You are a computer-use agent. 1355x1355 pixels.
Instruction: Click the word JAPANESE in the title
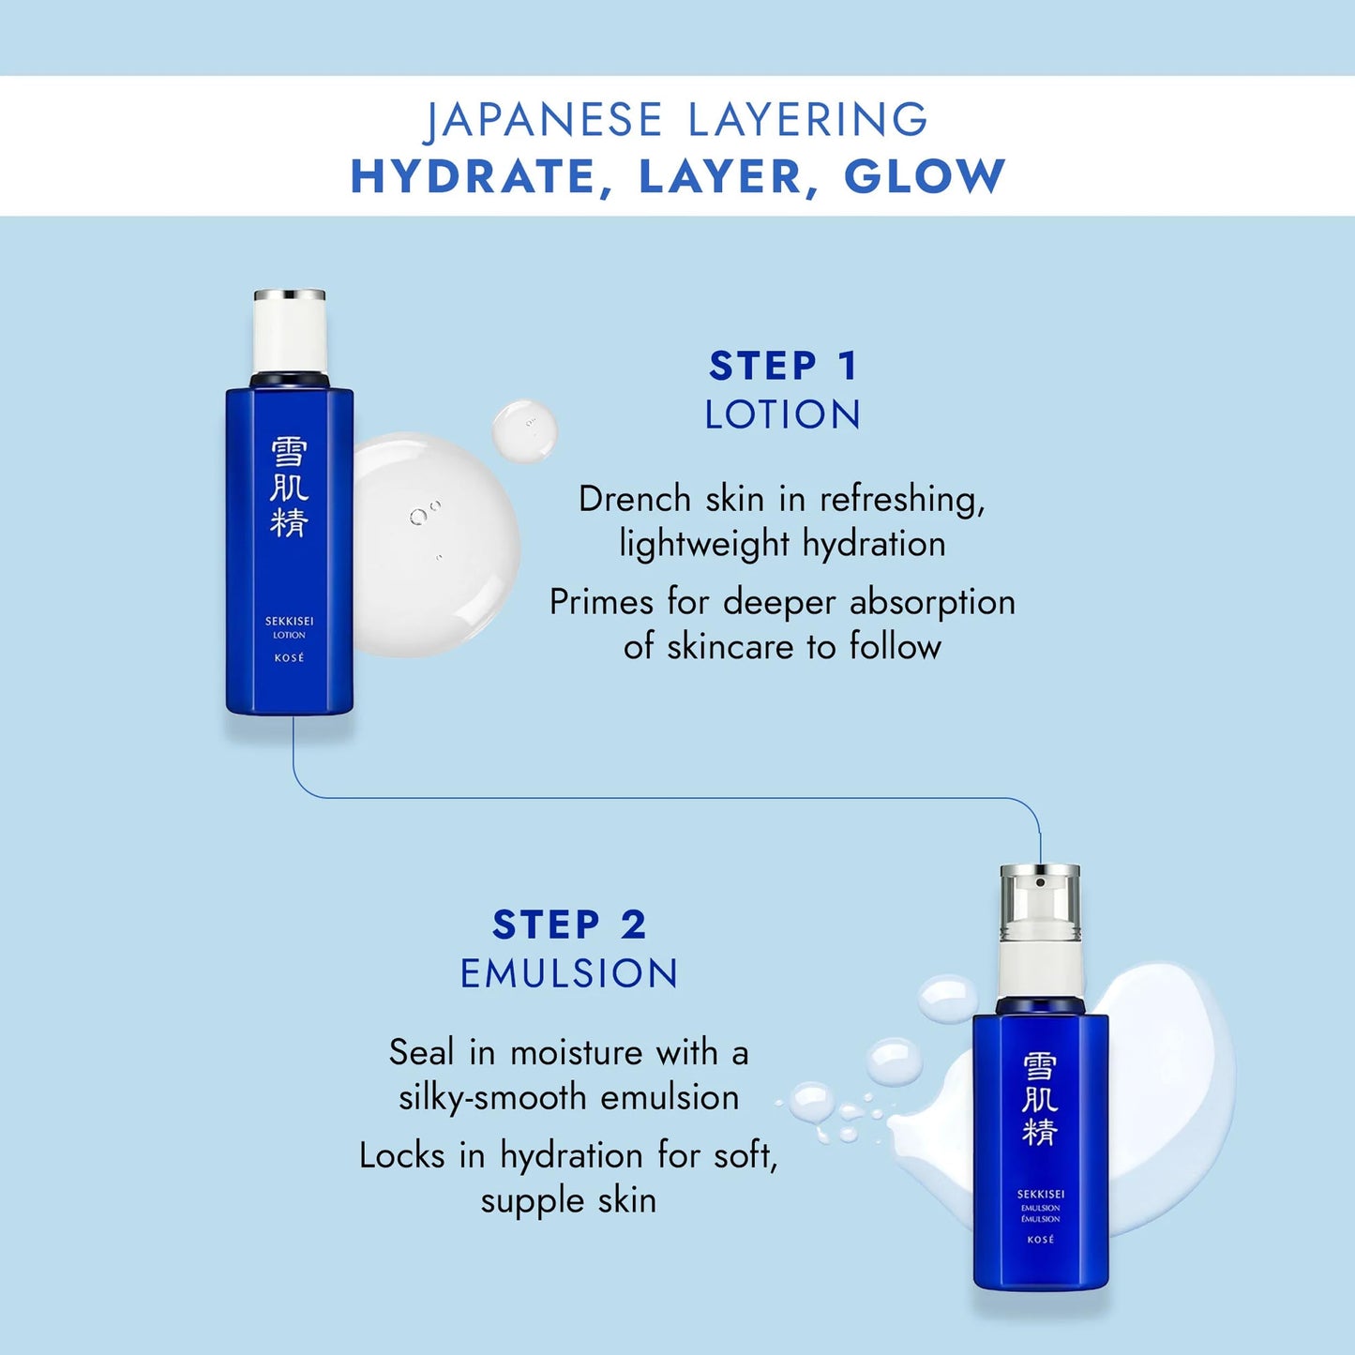pos(544,121)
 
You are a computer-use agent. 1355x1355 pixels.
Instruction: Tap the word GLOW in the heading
pos(925,176)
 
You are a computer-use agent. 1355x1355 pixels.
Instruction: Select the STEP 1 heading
pos(783,366)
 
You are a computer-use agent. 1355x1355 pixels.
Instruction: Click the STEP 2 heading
pos(569,925)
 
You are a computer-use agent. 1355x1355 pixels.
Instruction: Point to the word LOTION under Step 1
pos(783,414)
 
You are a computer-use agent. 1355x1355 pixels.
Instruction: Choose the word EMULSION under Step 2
pos(569,973)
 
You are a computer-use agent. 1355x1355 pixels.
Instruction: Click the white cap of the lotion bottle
pos(290,333)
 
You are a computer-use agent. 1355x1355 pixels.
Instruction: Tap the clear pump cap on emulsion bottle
pos(1040,902)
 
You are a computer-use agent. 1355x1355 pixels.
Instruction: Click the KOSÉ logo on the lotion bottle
pos(289,658)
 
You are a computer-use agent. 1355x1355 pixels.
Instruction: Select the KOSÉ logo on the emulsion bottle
pos(1041,1240)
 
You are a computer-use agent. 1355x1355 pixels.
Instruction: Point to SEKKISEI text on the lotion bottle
pos(289,621)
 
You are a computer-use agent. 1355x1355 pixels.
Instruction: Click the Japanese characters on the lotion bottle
pos(289,488)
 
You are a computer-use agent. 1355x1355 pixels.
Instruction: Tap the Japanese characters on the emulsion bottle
pos(1040,1099)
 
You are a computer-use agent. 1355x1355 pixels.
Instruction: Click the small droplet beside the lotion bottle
pos(524,430)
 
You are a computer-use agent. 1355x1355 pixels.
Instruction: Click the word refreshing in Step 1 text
pos(902,500)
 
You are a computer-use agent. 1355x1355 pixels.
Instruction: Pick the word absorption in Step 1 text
pos(932,602)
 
